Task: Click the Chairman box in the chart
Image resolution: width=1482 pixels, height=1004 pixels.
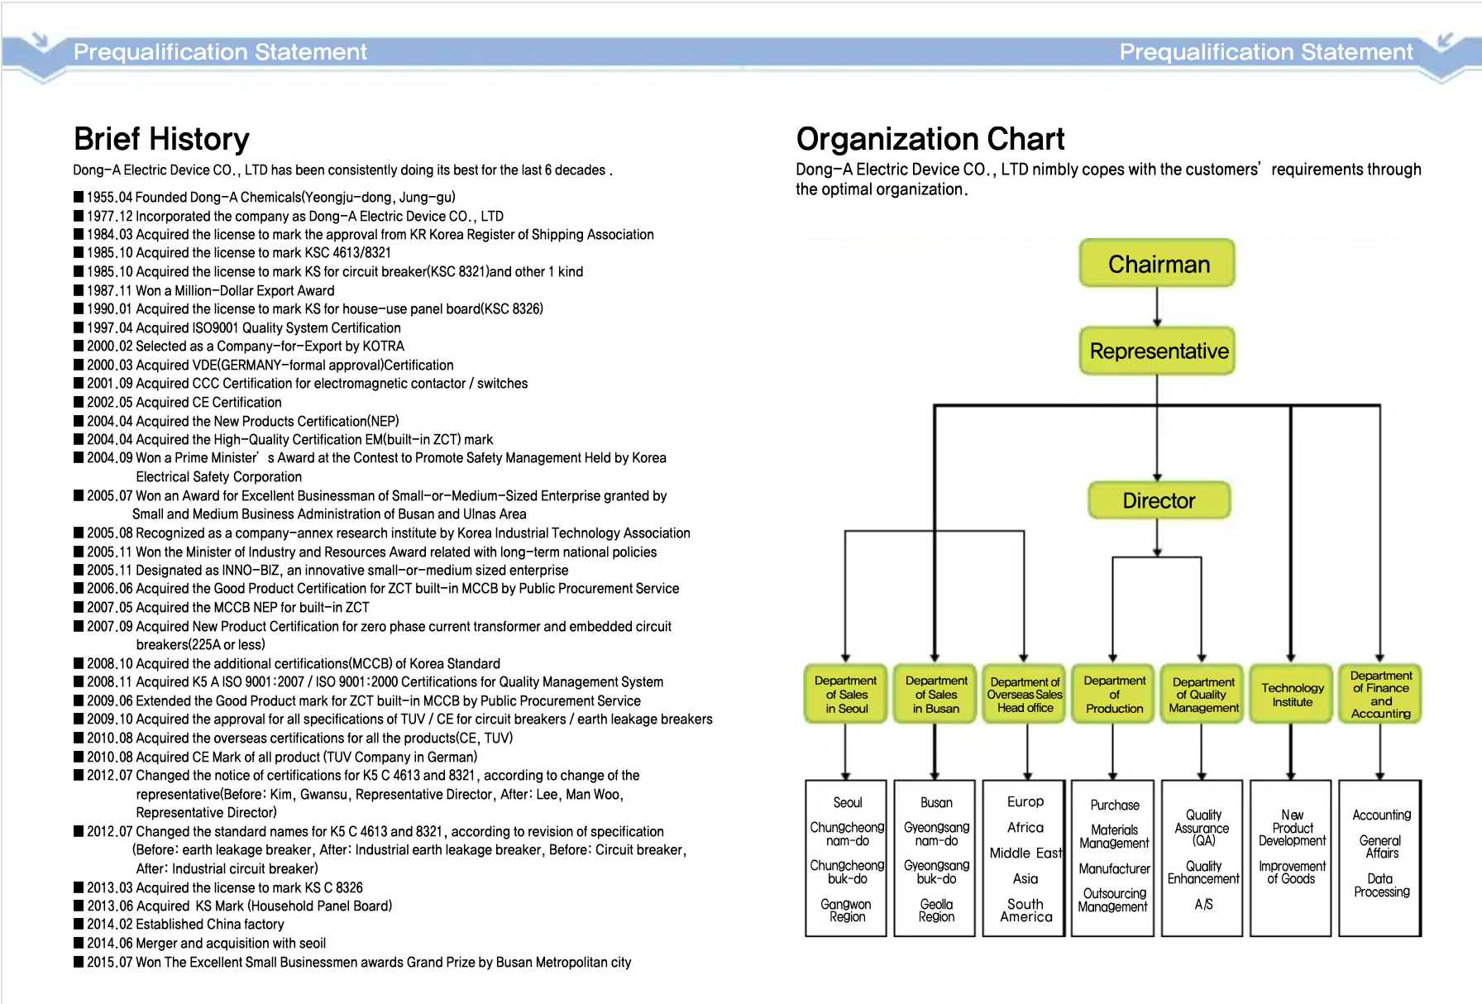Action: pyautogui.click(x=1157, y=264)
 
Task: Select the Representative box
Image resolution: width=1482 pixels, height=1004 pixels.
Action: pyautogui.click(x=1157, y=351)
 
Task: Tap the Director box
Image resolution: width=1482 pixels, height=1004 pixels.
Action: pyautogui.click(x=1159, y=500)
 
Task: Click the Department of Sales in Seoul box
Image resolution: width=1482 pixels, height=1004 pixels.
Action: pyautogui.click(x=846, y=695)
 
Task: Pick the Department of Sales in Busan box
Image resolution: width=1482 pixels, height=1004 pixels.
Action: pyautogui.click(x=935, y=695)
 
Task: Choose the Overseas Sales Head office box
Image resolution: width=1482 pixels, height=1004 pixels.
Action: pyautogui.click(x=1025, y=695)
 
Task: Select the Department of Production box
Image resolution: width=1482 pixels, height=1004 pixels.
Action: pyautogui.click(x=1114, y=695)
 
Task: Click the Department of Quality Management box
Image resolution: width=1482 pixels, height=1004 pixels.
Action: pyautogui.click(x=1203, y=695)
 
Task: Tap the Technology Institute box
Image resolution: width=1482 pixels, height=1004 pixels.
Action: pyautogui.click(x=1292, y=695)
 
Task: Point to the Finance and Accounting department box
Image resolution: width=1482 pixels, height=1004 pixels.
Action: pyautogui.click(x=1380, y=695)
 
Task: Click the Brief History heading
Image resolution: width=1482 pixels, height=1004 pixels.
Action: pyautogui.click(x=161, y=139)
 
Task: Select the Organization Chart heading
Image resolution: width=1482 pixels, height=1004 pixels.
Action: pyautogui.click(x=930, y=139)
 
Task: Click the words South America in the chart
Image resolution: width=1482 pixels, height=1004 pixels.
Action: pyautogui.click(x=1025, y=911)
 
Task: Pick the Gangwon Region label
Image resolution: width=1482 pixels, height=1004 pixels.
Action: pyautogui.click(x=847, y=911)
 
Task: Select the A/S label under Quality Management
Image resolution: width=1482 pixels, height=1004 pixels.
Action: pyautogui.click(x=1203, y=905)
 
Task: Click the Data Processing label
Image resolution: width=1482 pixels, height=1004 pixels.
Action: pyautogui.click(x=1381, y=886)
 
